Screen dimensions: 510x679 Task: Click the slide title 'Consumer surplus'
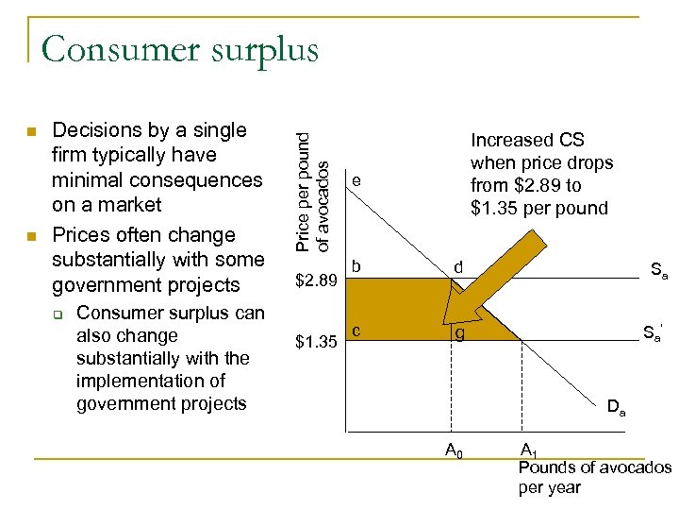coord(179,48)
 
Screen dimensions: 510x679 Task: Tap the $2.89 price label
coord(317,281)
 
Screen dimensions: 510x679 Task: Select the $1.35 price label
coord(317,340)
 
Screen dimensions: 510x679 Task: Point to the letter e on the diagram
coord(356,179)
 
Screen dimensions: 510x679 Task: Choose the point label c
coord(356,330)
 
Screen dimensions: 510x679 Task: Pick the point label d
coord(457,269)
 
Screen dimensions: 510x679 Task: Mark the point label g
coord(458,333)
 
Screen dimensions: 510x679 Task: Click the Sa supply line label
coord(658,271)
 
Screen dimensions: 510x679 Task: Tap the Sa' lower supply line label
coord(653,332)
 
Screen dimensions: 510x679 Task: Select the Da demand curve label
coord(617,409)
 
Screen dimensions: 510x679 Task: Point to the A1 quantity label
coord(529,450)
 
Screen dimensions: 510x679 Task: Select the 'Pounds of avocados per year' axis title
coord(594,478)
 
